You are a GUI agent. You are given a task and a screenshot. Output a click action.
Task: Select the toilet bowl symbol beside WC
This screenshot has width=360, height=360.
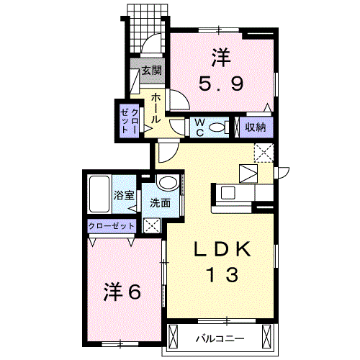220,127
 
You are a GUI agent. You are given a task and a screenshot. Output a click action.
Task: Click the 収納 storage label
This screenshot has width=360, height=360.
256,127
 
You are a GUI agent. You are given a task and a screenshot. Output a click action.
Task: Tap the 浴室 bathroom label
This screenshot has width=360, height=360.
124,195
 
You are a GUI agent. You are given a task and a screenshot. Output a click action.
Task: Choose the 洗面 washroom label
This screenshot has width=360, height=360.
160,203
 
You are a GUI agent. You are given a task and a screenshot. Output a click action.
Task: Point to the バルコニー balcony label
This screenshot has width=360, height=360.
220,338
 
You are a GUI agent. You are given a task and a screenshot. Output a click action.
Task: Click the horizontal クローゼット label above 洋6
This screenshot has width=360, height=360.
112,225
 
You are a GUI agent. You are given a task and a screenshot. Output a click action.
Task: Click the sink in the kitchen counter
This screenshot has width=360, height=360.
228,192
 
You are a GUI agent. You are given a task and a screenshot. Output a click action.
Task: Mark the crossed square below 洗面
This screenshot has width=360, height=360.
153,225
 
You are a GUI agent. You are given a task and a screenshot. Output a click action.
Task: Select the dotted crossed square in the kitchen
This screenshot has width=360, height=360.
263,152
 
